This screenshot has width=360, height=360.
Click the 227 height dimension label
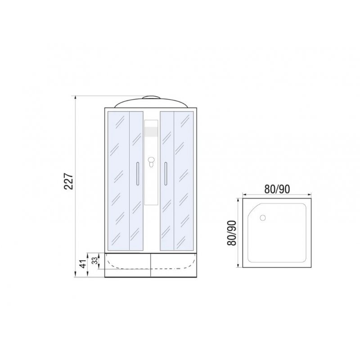coord(69,181)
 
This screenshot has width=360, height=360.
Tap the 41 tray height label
coord(84,264)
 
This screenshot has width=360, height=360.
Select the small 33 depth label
coord(95,261)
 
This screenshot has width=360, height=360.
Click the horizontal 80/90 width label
coord(277,189)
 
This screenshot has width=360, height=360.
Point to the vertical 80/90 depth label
coord(231,233)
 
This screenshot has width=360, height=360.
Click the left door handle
coord(138,174)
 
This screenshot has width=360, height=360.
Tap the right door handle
coord(166,174)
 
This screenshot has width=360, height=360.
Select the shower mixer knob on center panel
coord(151,162)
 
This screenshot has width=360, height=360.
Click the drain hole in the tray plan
coord(263,218)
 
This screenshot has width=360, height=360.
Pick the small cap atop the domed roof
coord(151,97)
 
